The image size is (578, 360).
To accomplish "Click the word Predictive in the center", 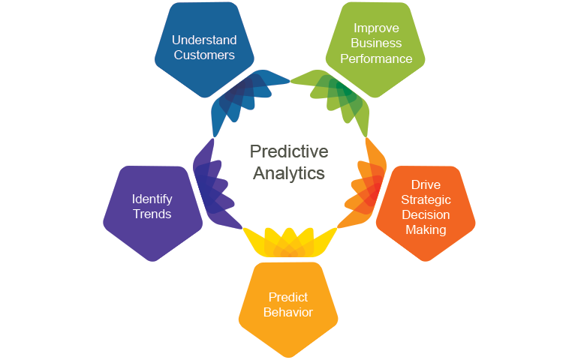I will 289,151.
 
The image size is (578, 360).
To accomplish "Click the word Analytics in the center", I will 289,173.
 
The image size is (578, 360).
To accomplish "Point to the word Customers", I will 203,55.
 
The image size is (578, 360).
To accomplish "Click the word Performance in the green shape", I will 375,58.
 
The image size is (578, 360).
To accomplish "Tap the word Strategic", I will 426,199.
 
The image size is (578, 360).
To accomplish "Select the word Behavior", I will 288,311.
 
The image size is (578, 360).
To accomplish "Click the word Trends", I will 152,214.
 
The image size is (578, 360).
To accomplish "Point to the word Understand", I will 203,40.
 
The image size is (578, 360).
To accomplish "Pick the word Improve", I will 375,28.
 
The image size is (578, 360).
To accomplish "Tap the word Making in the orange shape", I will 426,229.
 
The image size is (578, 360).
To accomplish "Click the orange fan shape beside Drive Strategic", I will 366,184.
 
